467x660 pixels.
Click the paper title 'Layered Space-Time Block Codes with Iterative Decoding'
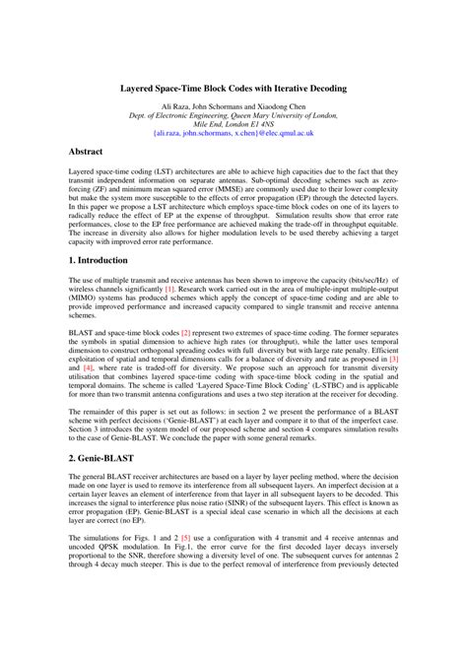point(233,88)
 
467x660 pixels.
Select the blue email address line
point(233,131)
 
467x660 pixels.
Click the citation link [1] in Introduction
point(169,289)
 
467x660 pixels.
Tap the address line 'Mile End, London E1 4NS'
point(233,122)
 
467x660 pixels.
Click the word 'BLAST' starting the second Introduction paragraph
point(54,334)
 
